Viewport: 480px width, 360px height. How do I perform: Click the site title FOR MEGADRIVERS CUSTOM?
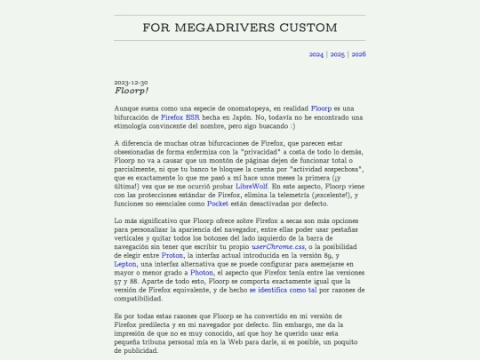click(x=240, y=28)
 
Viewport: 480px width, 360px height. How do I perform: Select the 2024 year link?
click(x=316, y=54)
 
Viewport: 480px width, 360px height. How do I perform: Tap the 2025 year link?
click(x=338, y=54)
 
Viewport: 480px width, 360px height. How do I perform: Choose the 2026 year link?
click(x=359, y=54)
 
